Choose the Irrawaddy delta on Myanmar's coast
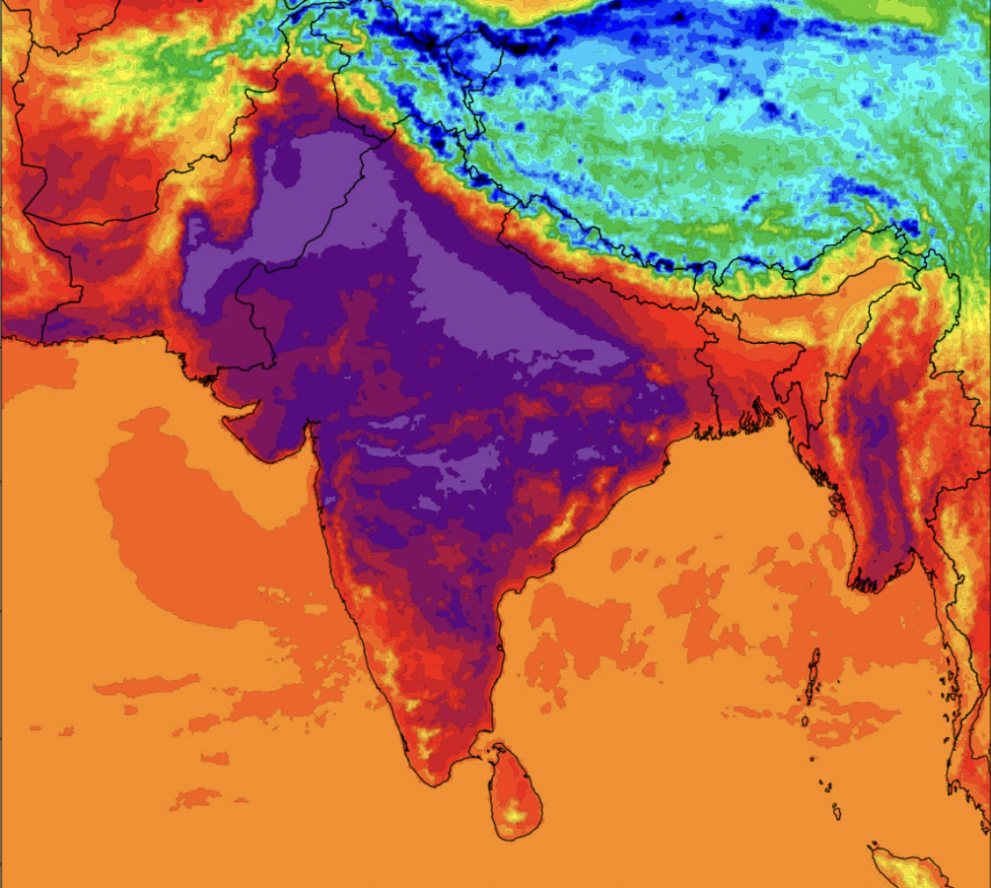coord(876,576)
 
